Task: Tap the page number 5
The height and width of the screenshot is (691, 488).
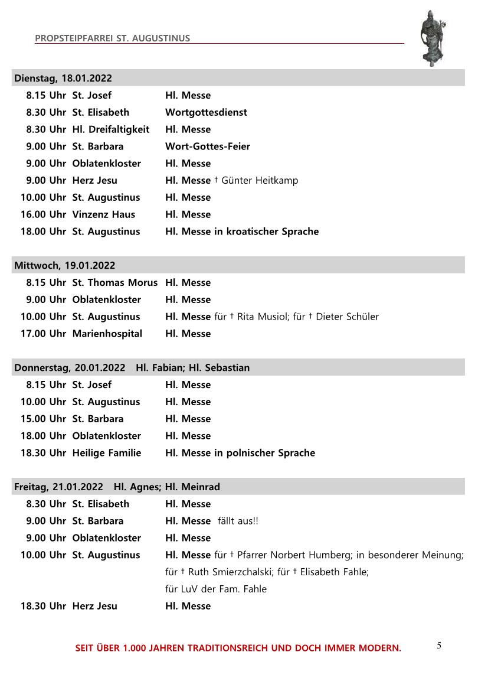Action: [x=439, y=645]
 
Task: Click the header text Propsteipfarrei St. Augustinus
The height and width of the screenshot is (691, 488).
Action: [x=113, y=38]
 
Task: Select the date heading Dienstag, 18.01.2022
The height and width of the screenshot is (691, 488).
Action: [x=63, y=78]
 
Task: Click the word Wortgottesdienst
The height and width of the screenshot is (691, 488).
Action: [x=206, y=112]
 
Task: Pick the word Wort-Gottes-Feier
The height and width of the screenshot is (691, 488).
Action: [x=208, y=146]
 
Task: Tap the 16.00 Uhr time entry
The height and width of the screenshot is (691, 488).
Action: [x=43, y=214]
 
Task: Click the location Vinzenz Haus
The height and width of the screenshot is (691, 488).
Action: [x=104, y=214]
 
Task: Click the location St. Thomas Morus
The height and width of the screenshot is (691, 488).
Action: [x=115, y=282]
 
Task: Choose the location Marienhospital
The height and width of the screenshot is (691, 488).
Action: [x=107, y=334]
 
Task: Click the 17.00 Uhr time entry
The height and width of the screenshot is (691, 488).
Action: [x=43, y=334]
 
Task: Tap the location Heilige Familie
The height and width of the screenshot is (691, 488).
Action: [x=107, y=453]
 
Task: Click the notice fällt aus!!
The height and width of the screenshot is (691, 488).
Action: [x=238, y=521]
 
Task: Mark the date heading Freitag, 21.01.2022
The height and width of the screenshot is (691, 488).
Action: [x=58, y=487]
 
